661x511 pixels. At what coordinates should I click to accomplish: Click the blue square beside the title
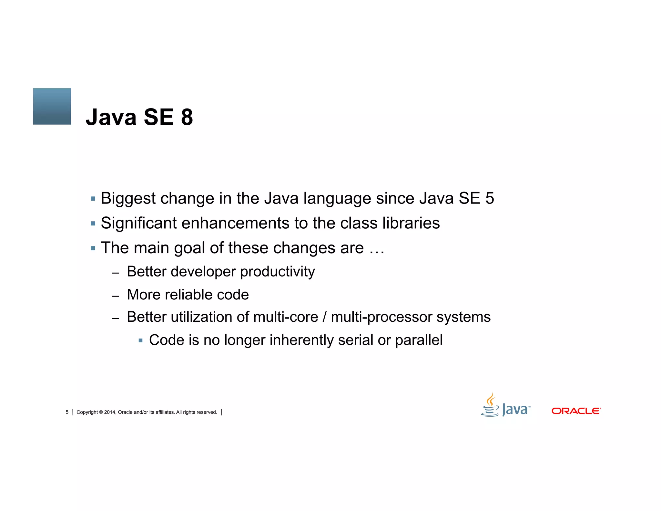[x=52, y=106]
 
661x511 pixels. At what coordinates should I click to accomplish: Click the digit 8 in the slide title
[x=187, y=117]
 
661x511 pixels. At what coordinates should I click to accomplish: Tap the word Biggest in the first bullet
[x=128, y=198]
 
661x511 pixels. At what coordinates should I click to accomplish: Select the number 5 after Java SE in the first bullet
[x=489, y=198]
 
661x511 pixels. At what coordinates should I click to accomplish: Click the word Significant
[x=138, y=223]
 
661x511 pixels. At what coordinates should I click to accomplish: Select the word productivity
[x=278, y=272]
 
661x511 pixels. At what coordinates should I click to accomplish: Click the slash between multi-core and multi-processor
[x=325, y=317]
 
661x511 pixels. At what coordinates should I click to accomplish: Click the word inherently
[x=301, y=340]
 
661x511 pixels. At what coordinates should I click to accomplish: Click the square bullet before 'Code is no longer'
[x=140, y=340]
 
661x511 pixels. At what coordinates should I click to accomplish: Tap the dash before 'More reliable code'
[x=116, y=296]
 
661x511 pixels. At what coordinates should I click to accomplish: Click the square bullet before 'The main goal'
[x=93, y=248]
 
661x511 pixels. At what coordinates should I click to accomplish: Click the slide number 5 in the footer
[x=67, y=412]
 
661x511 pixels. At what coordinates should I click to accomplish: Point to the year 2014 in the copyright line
[x=110, y=412]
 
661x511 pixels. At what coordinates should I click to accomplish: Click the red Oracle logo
[x=576, y=411]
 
